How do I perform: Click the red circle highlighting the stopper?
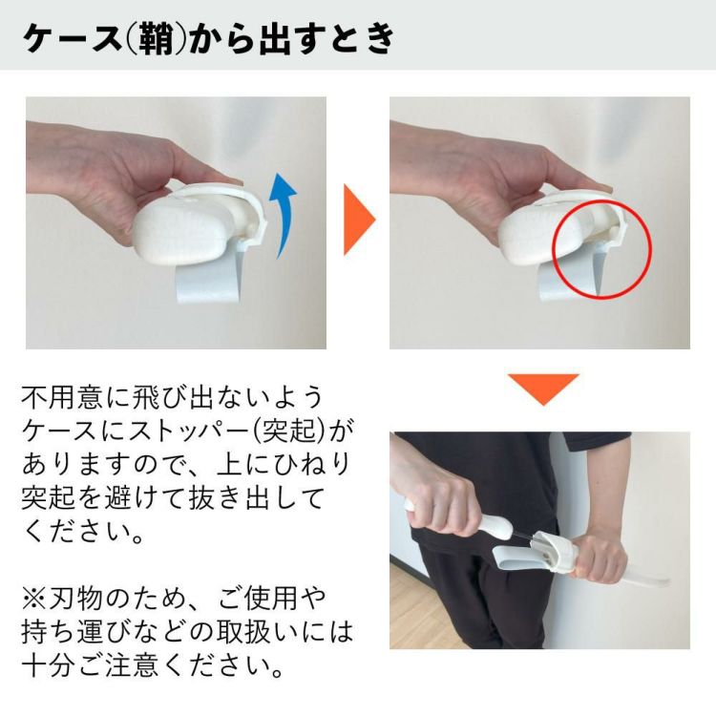(x=601, y=250)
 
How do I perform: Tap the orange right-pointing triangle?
(x=358, y=221)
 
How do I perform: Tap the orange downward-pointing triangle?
(x=542, y=388)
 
